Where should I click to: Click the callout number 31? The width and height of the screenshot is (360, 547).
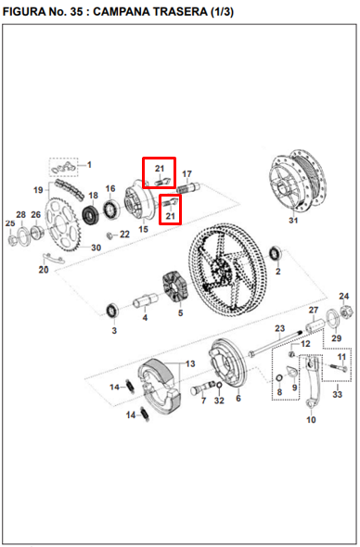293,221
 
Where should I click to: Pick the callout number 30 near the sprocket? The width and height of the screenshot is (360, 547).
95,248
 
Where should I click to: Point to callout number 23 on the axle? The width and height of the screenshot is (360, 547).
279,329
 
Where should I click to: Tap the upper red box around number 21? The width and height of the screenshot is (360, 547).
160,172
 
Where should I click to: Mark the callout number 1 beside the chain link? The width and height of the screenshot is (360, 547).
90,165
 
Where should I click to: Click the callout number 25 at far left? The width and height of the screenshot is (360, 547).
10,223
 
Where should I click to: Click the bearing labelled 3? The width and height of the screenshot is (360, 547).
113,308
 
